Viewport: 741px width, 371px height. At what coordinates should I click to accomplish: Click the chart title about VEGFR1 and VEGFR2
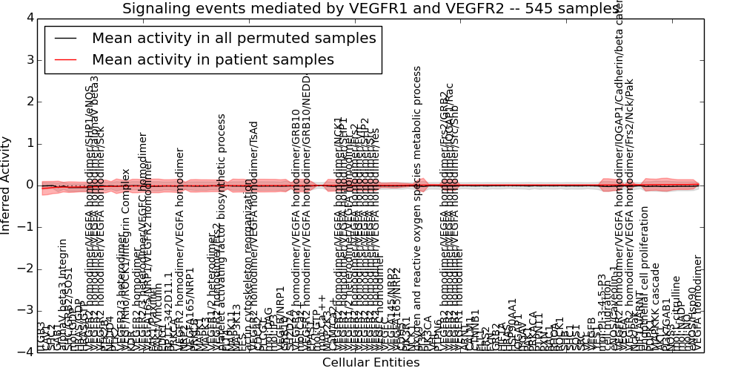(x=370, y=9)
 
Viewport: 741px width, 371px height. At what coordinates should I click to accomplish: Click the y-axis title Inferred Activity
(x=7, y=185)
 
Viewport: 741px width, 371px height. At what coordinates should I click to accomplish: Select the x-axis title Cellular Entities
(x=370, y=363)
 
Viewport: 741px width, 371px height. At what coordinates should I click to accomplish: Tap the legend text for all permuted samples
(x=233, y=39)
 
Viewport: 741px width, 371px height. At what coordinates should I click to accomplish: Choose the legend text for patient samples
(x=213, y=59)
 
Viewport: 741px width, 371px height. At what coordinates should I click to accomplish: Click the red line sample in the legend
(x=65, y=60)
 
